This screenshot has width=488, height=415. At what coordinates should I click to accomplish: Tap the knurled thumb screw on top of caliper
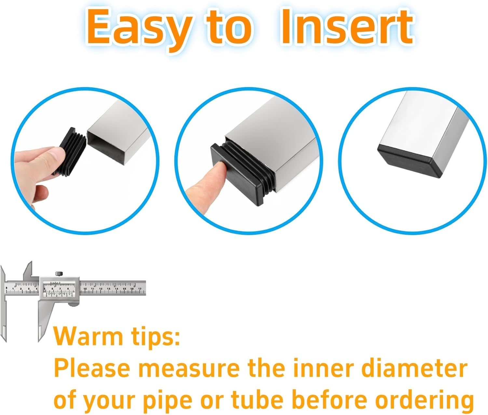[x=59, y=274]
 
